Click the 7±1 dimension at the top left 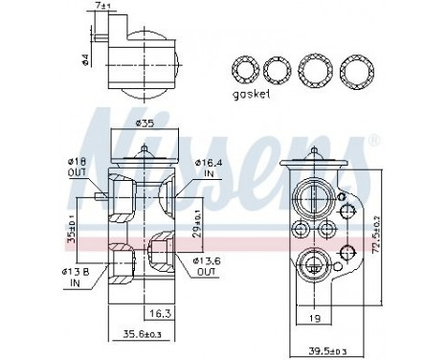pyautogui.click(x=102, y=10)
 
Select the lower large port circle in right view pyautogui.click(x=313, y=261)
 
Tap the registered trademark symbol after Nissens pyautogui.click(x=374, y=143)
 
